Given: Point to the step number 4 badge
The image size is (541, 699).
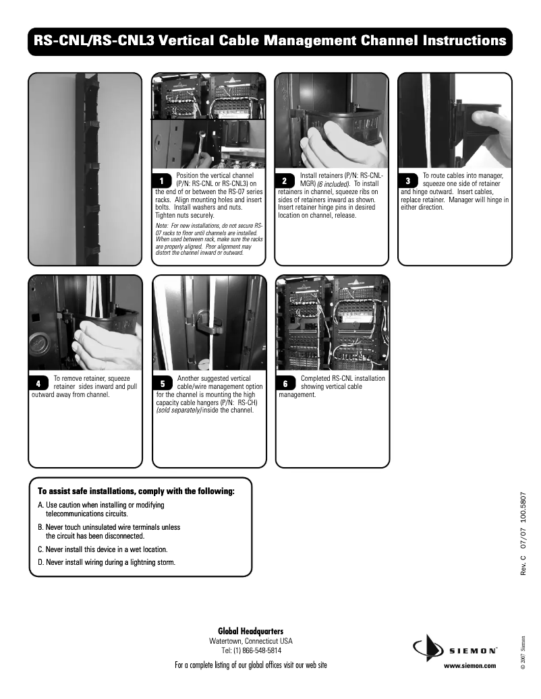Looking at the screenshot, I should pyautogui.click(x=38, y=384).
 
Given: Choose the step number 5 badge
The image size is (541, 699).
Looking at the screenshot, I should pyautogui.click(x=163, y=384).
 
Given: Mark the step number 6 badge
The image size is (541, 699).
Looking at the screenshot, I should pyautogui.click(x=285, y=384).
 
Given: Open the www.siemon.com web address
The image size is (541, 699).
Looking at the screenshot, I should pyautogui.click(x=469, y=665).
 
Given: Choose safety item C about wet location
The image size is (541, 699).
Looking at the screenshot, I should pyautogui.click(x=102, y=549).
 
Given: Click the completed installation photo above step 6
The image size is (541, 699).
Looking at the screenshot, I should pyautogui.click(x=333, y=322).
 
